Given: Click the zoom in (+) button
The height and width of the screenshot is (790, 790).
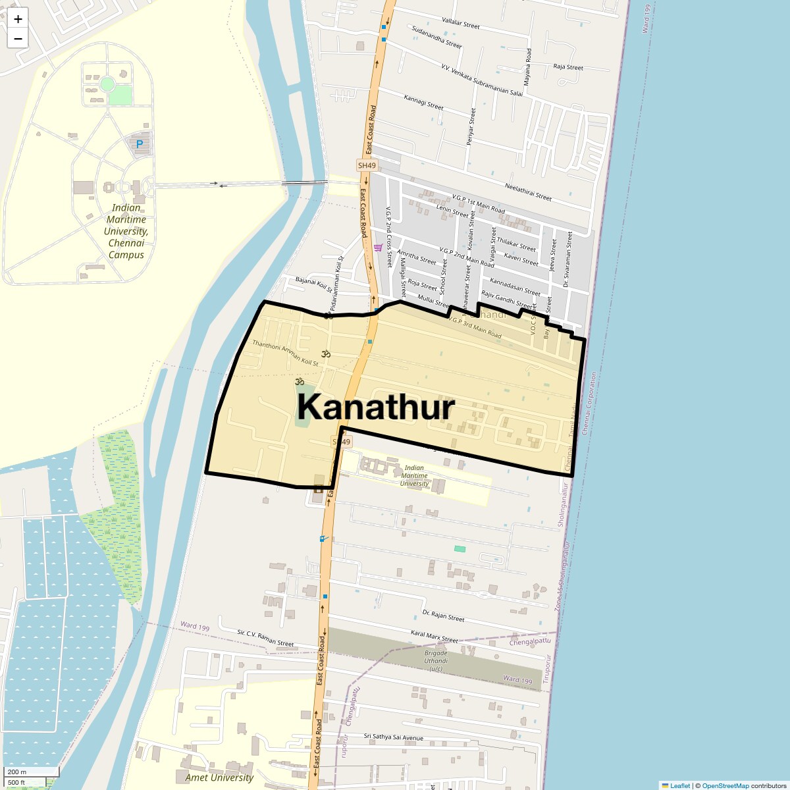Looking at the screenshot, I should [x=18, y=19].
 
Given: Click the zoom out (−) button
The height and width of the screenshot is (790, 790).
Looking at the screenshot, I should [x=18, y=38].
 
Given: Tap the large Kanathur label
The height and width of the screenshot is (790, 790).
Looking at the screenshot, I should [x=375, y=408].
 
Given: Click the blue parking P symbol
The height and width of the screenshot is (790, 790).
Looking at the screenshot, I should [x=139, y=144].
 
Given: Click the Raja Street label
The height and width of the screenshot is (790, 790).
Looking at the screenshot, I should [x=568, y=67].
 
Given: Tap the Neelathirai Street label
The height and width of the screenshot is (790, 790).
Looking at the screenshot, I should [x=528, y=192].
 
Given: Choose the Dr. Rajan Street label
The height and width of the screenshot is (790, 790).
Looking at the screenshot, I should [x=443, y=616].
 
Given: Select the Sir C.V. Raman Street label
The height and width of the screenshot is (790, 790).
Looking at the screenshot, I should [x=265, y=638].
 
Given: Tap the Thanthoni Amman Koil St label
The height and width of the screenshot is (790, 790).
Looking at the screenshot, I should [x=285, y=353].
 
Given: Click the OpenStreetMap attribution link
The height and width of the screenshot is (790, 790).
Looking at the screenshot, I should [x=725, y=785].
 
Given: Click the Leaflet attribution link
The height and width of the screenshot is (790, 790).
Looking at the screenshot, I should [x=680, y=785].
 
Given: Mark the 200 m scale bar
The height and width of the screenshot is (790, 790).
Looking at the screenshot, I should [x=32, y=772].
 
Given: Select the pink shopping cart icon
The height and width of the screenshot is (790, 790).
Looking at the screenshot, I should [x=378, y=248].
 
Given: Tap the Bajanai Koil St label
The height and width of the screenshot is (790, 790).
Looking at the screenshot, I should [x=315, y=284].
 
